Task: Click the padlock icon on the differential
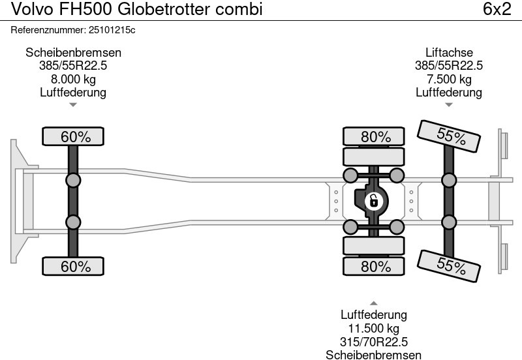[x=373, y=201]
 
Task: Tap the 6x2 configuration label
[x=497, y=9]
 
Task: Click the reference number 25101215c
[x=111, y=30]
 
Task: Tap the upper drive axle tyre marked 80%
[x=375, y=137]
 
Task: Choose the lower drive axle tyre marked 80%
[x=375, y=266]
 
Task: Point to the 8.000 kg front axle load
[x=73, y=80]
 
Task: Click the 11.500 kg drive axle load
[x=373, y=329]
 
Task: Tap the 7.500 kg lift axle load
[x=449, y=80]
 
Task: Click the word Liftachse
[x=449, y=53]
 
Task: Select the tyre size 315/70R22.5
[x=373, y=342]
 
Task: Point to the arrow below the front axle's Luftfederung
[x=73, y=104]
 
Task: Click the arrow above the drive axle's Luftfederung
[x=373, y=303]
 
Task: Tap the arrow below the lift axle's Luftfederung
[x=449, y=104]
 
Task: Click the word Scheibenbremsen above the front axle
[x=73, y=53]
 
